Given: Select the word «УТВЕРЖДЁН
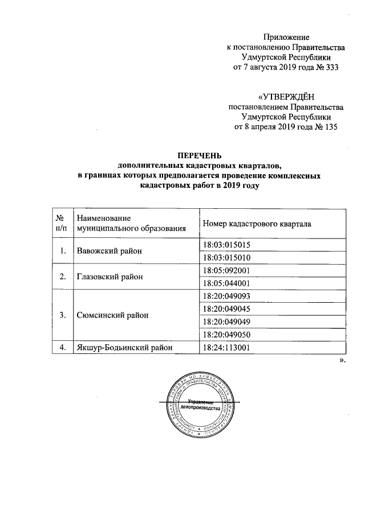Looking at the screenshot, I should [x=286, y=97].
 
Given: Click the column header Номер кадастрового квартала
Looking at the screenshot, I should [x=257, y=224].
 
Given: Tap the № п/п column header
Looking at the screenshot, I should [x=59, y=224].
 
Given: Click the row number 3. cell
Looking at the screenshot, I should [x=59, y=315].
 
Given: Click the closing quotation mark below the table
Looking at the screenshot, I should [x=342, y=360].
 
